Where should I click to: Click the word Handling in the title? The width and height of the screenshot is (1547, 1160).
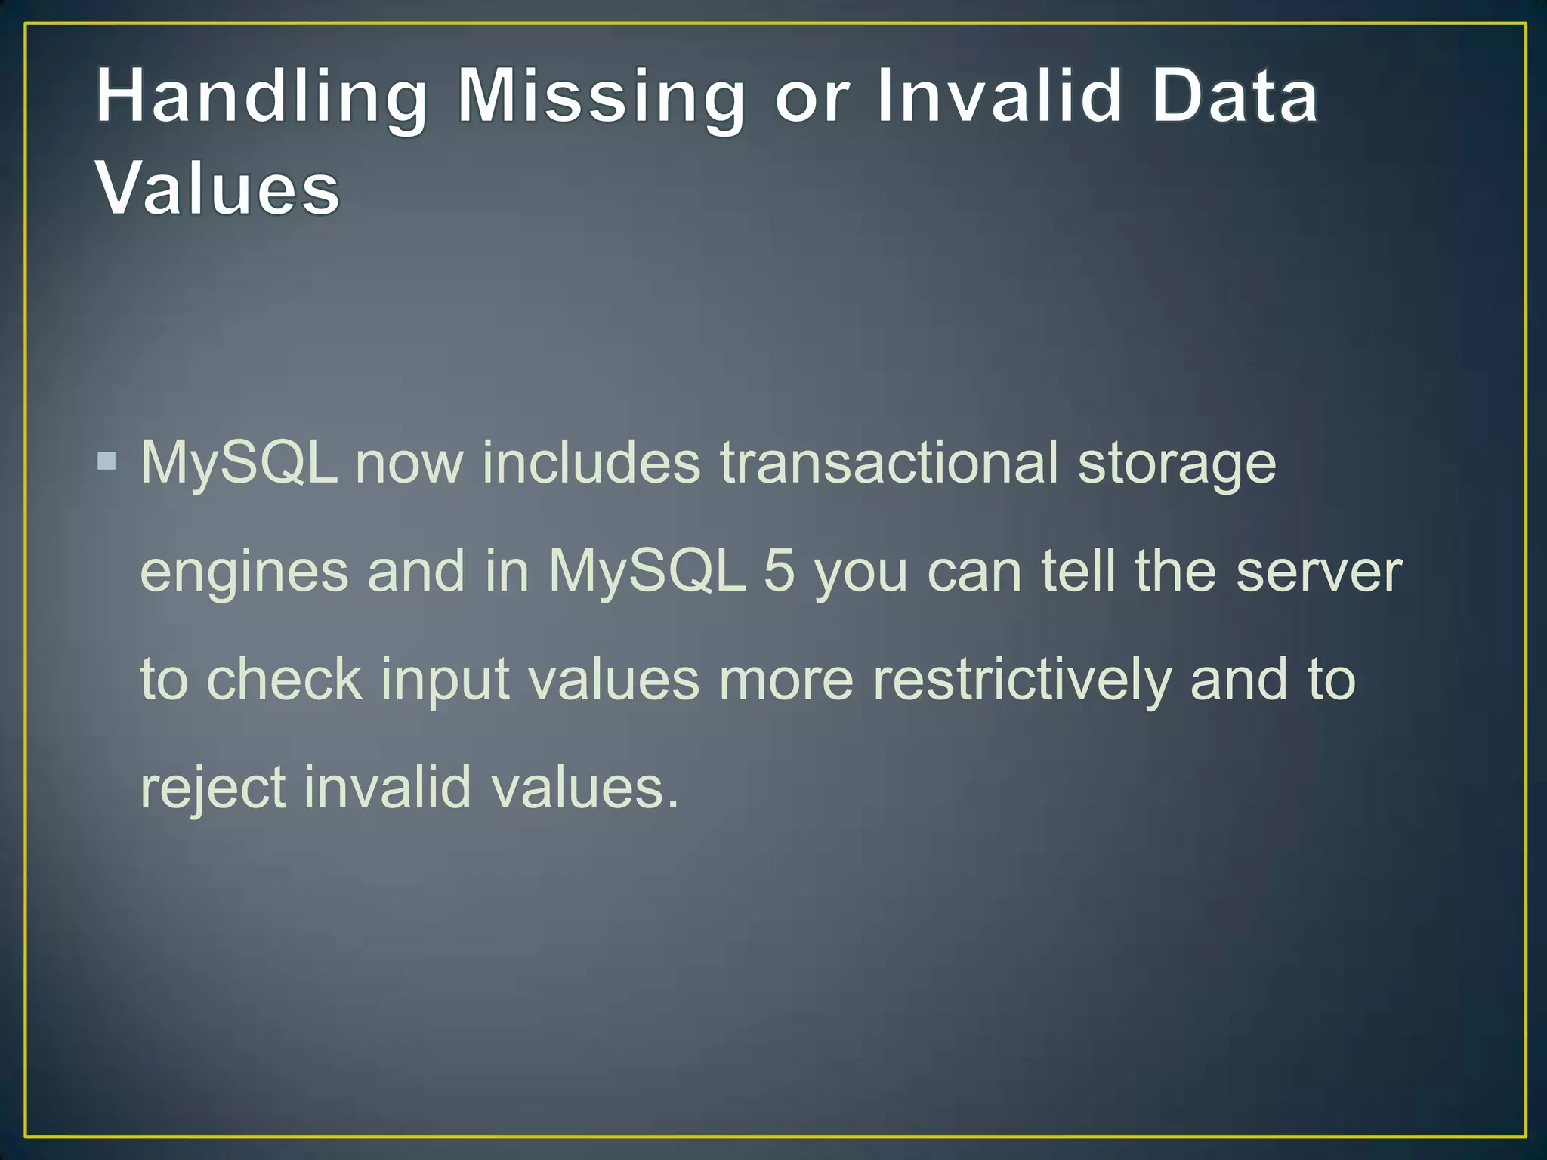coord(261,97)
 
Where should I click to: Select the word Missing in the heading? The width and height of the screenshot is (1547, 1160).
coord(601,97)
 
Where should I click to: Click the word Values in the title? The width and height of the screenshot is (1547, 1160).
coord(218,189)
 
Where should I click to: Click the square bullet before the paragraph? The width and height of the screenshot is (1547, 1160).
coord(107,461)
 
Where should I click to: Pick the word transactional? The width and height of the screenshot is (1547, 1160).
coord(888,462)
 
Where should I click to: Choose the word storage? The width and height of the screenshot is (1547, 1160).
coord(1177,464)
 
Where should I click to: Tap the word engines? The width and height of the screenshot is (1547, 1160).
coord(244,572)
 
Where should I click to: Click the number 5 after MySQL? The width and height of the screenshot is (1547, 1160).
coord(779,571)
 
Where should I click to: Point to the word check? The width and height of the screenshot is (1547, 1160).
coord(284,679)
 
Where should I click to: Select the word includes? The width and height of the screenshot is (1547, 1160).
coord(591,462)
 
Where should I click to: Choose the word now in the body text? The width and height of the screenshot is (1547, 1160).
coord(409,464)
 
